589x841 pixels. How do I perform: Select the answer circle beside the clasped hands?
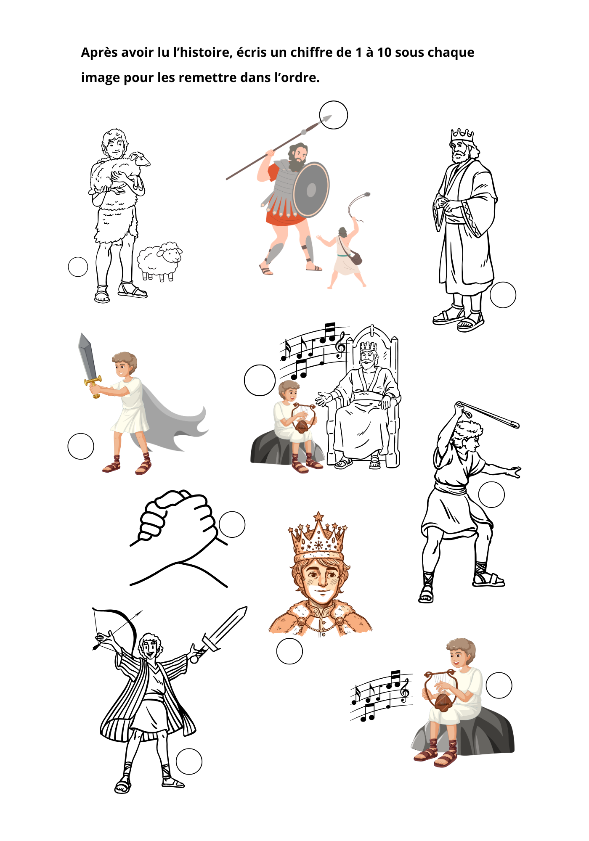point(232,524)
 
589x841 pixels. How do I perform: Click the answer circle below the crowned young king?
point(289,651)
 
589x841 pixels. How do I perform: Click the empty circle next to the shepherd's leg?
point(78,267)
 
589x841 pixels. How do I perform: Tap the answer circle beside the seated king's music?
point(260,380)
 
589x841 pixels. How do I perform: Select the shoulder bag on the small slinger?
point(356,257)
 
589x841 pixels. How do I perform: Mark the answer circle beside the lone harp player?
point(499,685)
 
